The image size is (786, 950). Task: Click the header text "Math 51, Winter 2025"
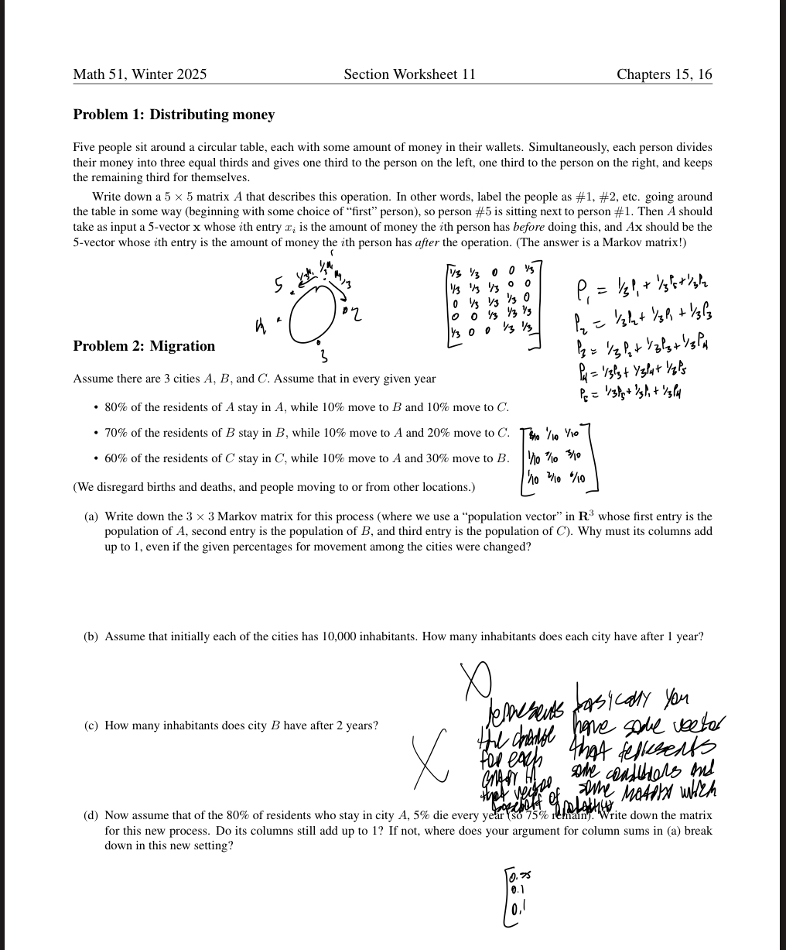(x=140, y=74)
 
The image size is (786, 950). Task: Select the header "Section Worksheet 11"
(x=409, y=74)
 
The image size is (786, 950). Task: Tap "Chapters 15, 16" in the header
(x=664, y=74)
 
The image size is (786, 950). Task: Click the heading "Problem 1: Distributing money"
(x=173, y=115)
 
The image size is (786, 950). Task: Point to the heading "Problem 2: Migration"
(x=144, y=345)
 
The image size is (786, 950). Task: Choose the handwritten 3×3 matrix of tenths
(x=557, y=458)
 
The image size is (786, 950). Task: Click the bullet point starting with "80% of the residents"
(x=306, y=407)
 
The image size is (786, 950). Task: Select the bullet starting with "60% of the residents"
(x=306, y=458)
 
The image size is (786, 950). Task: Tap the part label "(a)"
(x=91, y=516)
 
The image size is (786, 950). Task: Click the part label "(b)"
(x=91, y=636)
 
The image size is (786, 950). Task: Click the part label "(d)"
(x=91, y=815)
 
